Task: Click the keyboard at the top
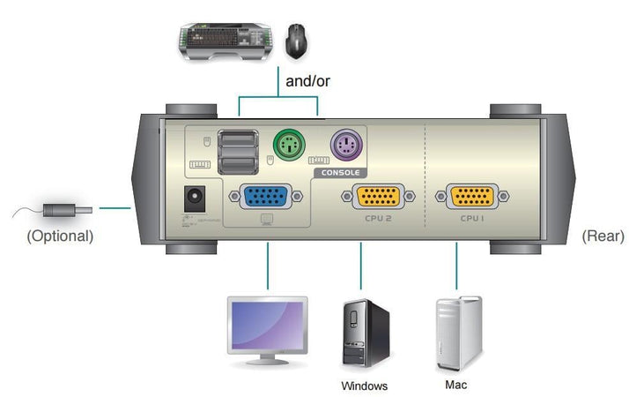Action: click(x=225, y=41)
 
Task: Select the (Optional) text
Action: click(x=60, y=236)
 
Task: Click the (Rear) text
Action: click(x=603, y=236)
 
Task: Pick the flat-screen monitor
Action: click(x=267, y=327)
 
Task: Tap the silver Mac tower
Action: click(x=458, y=333)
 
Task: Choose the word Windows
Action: click(x=364, y=386)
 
